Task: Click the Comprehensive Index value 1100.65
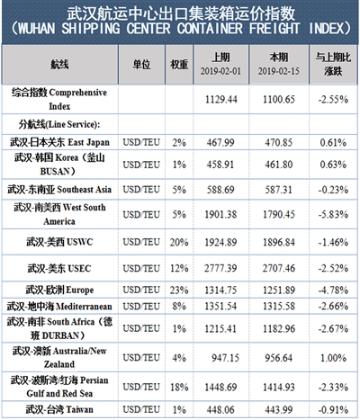[279, 100]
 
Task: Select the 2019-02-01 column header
[220, 64]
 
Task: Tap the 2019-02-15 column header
[279, 64]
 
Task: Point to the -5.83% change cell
[333, 214]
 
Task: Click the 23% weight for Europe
[179, 290]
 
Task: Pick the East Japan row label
[59, 142]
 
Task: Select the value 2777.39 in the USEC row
[220, 268]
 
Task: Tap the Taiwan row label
[59, 409]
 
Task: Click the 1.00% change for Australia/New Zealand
[333, 358]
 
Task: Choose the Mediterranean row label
[59, 306]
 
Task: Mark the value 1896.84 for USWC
[279, 242]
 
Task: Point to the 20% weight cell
[179, 242]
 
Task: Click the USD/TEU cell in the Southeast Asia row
[141, 190]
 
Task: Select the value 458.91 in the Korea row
[220, 165]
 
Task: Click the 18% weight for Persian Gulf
[179, 388]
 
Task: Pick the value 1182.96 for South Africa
[279, 329]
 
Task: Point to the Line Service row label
[59, 124]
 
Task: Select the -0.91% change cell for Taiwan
[333, 409]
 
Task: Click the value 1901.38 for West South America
[220, 214]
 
